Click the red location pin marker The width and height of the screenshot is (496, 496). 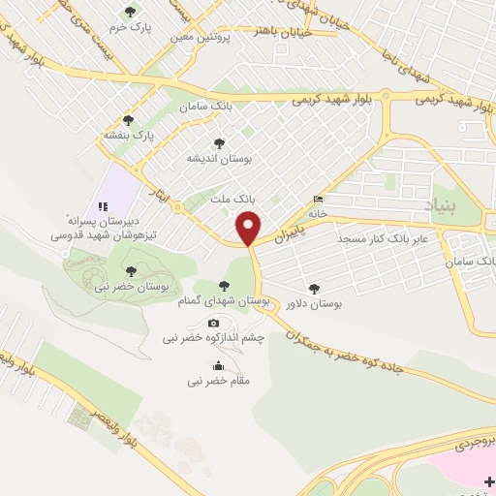tap(249, 229)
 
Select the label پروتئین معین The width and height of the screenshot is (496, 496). tap(200, 37)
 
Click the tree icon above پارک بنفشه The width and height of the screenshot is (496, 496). tap(129, 119)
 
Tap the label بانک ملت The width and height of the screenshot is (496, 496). tap(226, 198)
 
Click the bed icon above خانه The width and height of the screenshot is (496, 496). tap(319, 200)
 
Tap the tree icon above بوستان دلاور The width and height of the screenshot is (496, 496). tap(313, 288)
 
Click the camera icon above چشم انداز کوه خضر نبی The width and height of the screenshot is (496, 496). tap(213, 323)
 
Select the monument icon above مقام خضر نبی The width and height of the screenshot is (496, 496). tap(217, 365)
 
